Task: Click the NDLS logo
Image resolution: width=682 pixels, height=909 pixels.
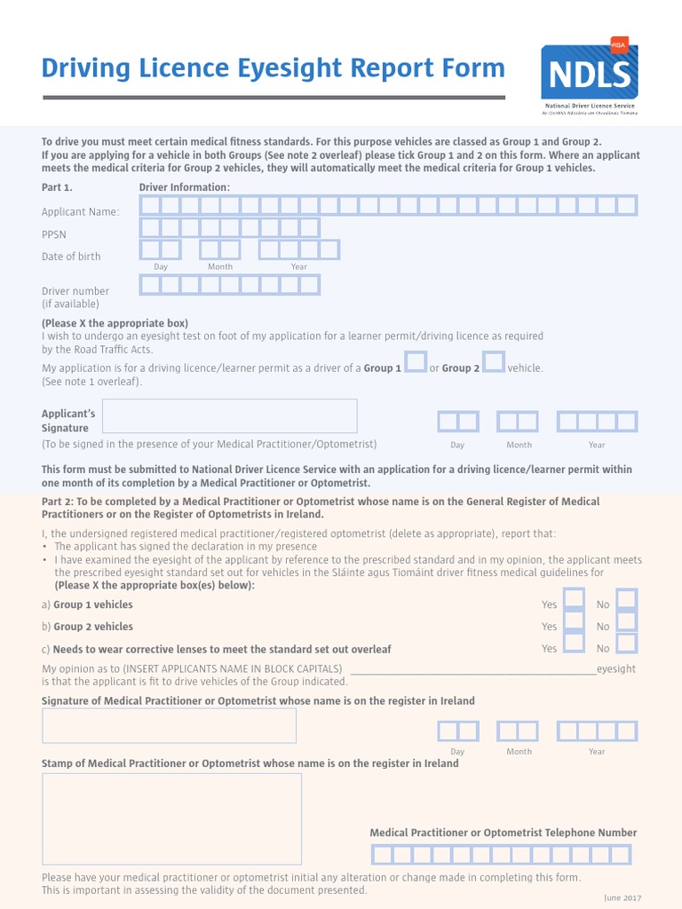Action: point(589,77)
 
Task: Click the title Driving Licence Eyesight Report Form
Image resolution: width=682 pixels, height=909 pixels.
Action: point(274,68)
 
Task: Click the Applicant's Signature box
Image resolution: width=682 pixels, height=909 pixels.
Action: point(230,415)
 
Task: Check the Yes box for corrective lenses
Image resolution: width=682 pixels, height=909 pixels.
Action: point(575,643)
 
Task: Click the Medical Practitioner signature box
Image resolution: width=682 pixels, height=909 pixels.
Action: point(169,725)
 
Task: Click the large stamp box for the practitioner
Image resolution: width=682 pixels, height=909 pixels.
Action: point(171,818)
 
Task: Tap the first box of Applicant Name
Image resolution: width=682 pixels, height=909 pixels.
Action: point(150,206)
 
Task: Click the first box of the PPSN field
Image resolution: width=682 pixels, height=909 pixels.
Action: point(150,227)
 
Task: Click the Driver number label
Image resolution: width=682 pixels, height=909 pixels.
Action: point(75,291)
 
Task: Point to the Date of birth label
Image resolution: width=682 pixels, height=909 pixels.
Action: point(71,257)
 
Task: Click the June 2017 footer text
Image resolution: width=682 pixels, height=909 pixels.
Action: point(622,898)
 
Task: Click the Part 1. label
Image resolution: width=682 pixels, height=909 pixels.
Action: point(57,187)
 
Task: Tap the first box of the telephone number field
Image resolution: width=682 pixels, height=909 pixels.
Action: point(381,855)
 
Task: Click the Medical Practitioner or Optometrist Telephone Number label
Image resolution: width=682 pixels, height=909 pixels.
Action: point(503,833)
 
